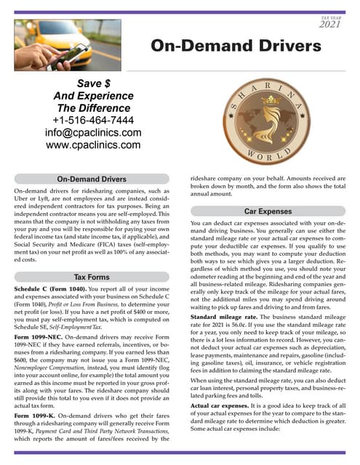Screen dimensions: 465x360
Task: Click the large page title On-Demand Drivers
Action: [235, 46]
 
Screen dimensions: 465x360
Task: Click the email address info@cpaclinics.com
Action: [92, 133]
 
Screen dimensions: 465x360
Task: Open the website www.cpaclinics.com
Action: [92, 145]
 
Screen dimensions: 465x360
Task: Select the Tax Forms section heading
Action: [92, 277]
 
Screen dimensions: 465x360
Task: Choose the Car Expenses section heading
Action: [268, 211]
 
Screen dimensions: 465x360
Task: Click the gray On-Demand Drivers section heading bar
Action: [92, 179]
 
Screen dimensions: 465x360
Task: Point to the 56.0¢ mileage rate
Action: [255, 326]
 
